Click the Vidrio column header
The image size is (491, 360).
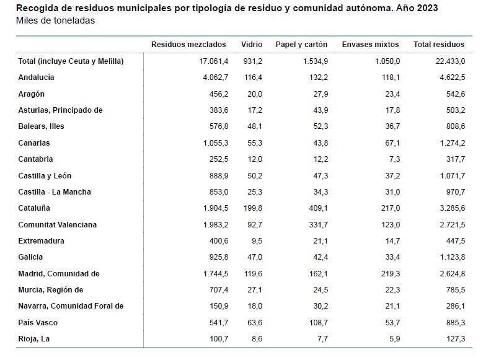pyautogui.click(x=252, y=45)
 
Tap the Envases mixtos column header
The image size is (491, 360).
pyautogui.click(x=370, y=45)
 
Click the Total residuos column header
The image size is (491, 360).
pyautogui.click(x=438, y=45)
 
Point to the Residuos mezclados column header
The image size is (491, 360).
pyautogui.click(x=188, y=45)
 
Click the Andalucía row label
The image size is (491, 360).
pyautogui.click(x=37, y=77)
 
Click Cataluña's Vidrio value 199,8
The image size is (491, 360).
pyautogui.click(x=252, y=208)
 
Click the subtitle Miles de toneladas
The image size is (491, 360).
pyautogui.click(x=55, y=20)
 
